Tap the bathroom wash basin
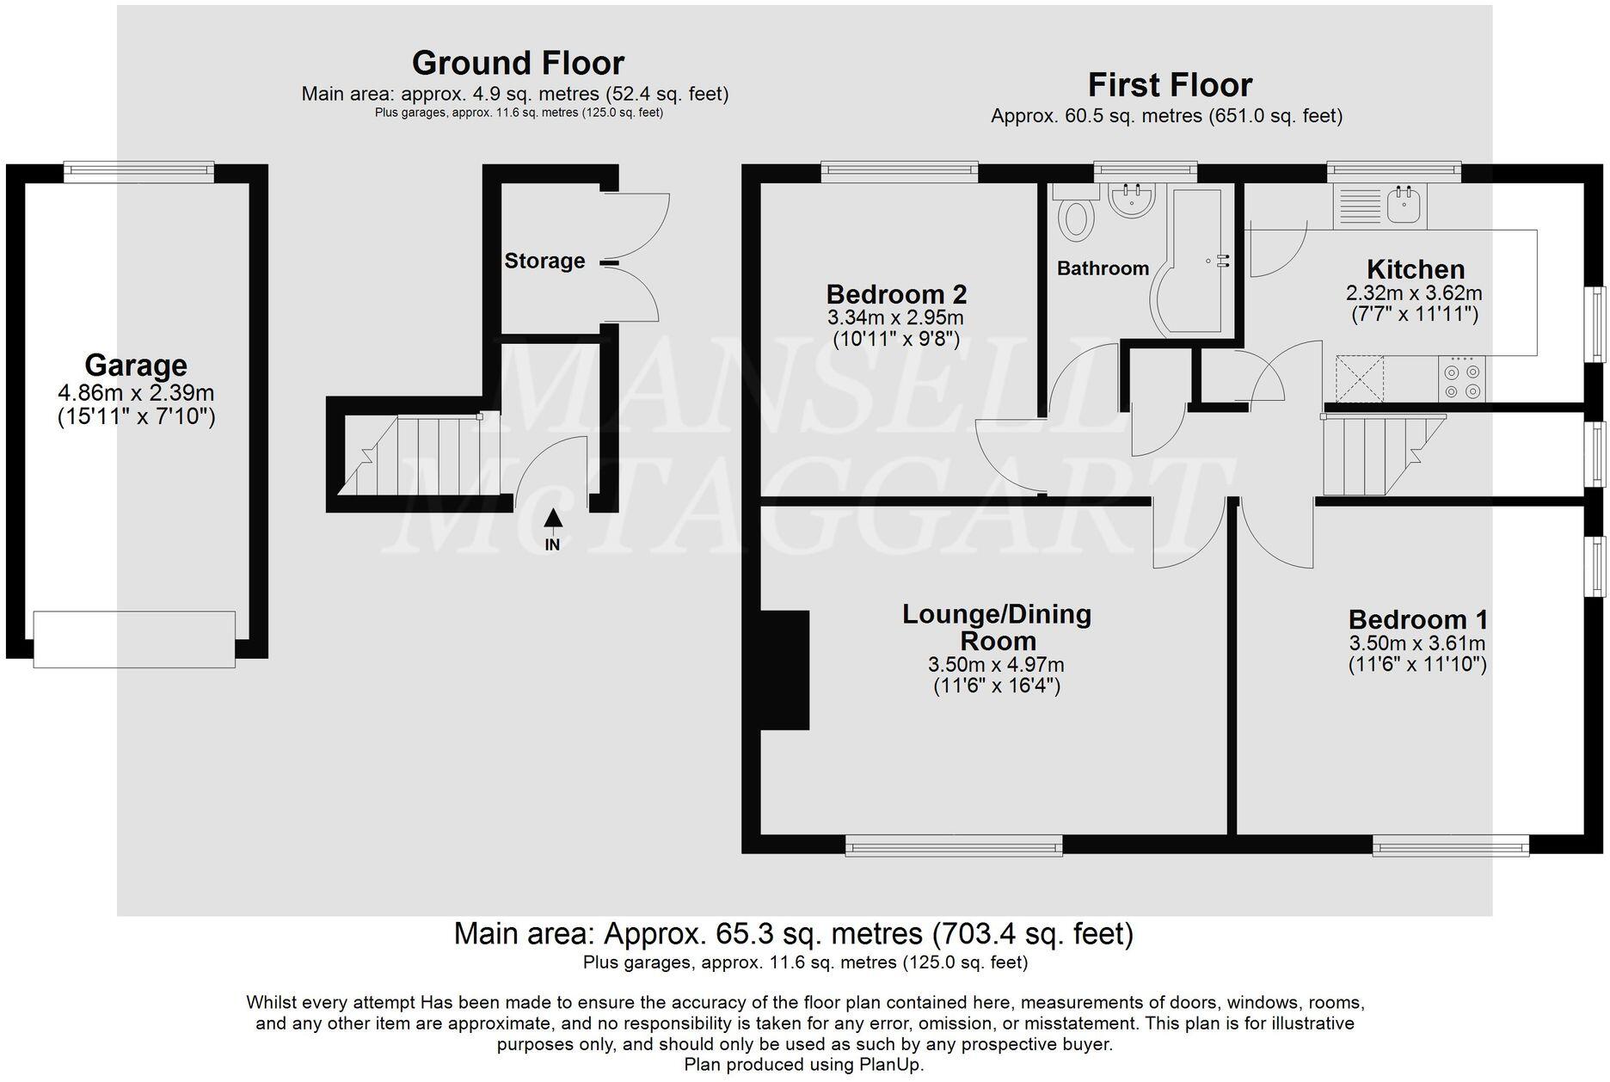tap(1132, 200)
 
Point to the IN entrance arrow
tap(553, 519)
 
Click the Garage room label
tap(136, 366)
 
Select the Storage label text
tap(544, 261)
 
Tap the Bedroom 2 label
tap(896, 295)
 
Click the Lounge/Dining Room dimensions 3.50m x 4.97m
tap(996, 665)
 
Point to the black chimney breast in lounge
tap(785, 670)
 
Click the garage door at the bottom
tap(134, 639)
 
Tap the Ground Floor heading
tap(518, 63)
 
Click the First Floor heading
tap(1170, 85)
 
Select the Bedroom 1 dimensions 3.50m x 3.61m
tap(1416, 643)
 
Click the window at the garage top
tap(138, 171)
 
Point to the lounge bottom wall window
tap(954, 848)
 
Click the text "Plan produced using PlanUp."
tap(804, 1065)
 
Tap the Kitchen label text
tap(1416, 269)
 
